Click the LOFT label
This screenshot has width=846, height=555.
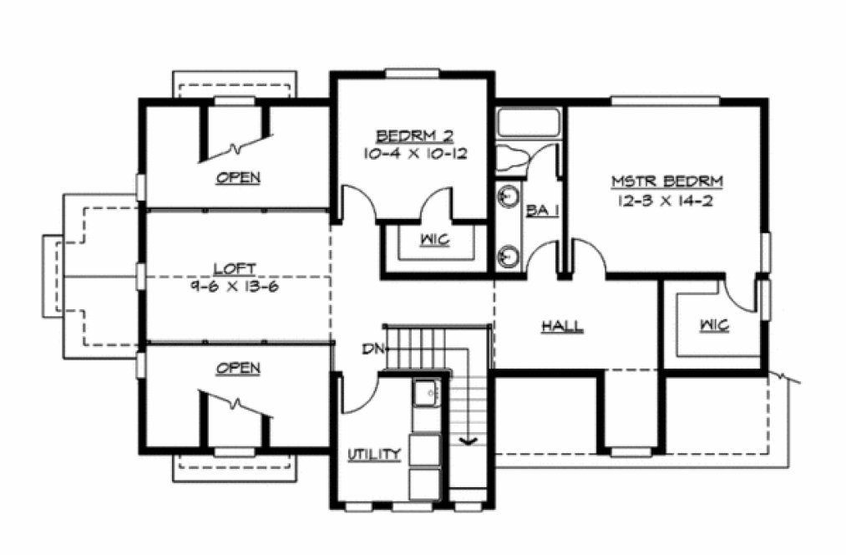(234, 268)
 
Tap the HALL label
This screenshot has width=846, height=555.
(562, 326)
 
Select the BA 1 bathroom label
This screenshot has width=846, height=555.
(541, 211)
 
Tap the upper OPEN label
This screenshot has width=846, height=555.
(238, 177)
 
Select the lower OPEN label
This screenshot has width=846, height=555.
(238, 368)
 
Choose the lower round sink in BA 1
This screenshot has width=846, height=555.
(506, 254)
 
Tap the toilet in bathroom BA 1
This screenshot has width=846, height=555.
(515, 158)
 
